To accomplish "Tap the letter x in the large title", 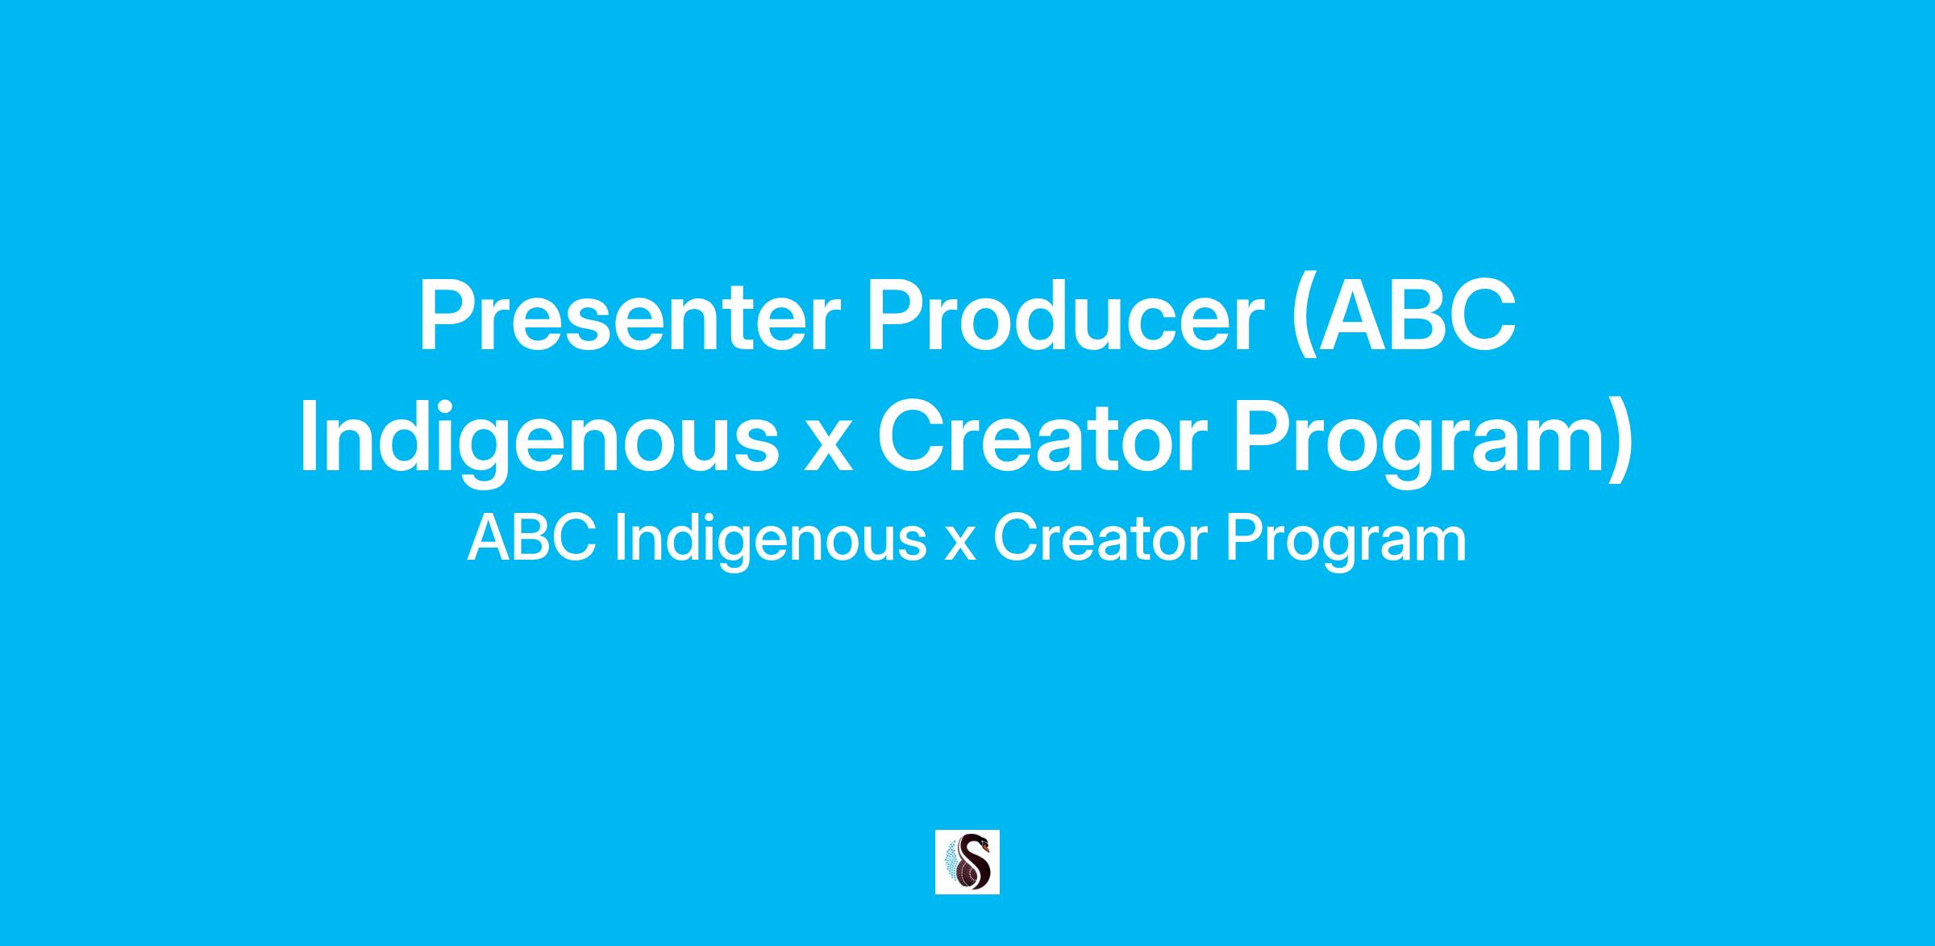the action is pos(828,451).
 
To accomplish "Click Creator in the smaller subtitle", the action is pos(1100,540).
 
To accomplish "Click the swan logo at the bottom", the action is pos(967,862).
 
